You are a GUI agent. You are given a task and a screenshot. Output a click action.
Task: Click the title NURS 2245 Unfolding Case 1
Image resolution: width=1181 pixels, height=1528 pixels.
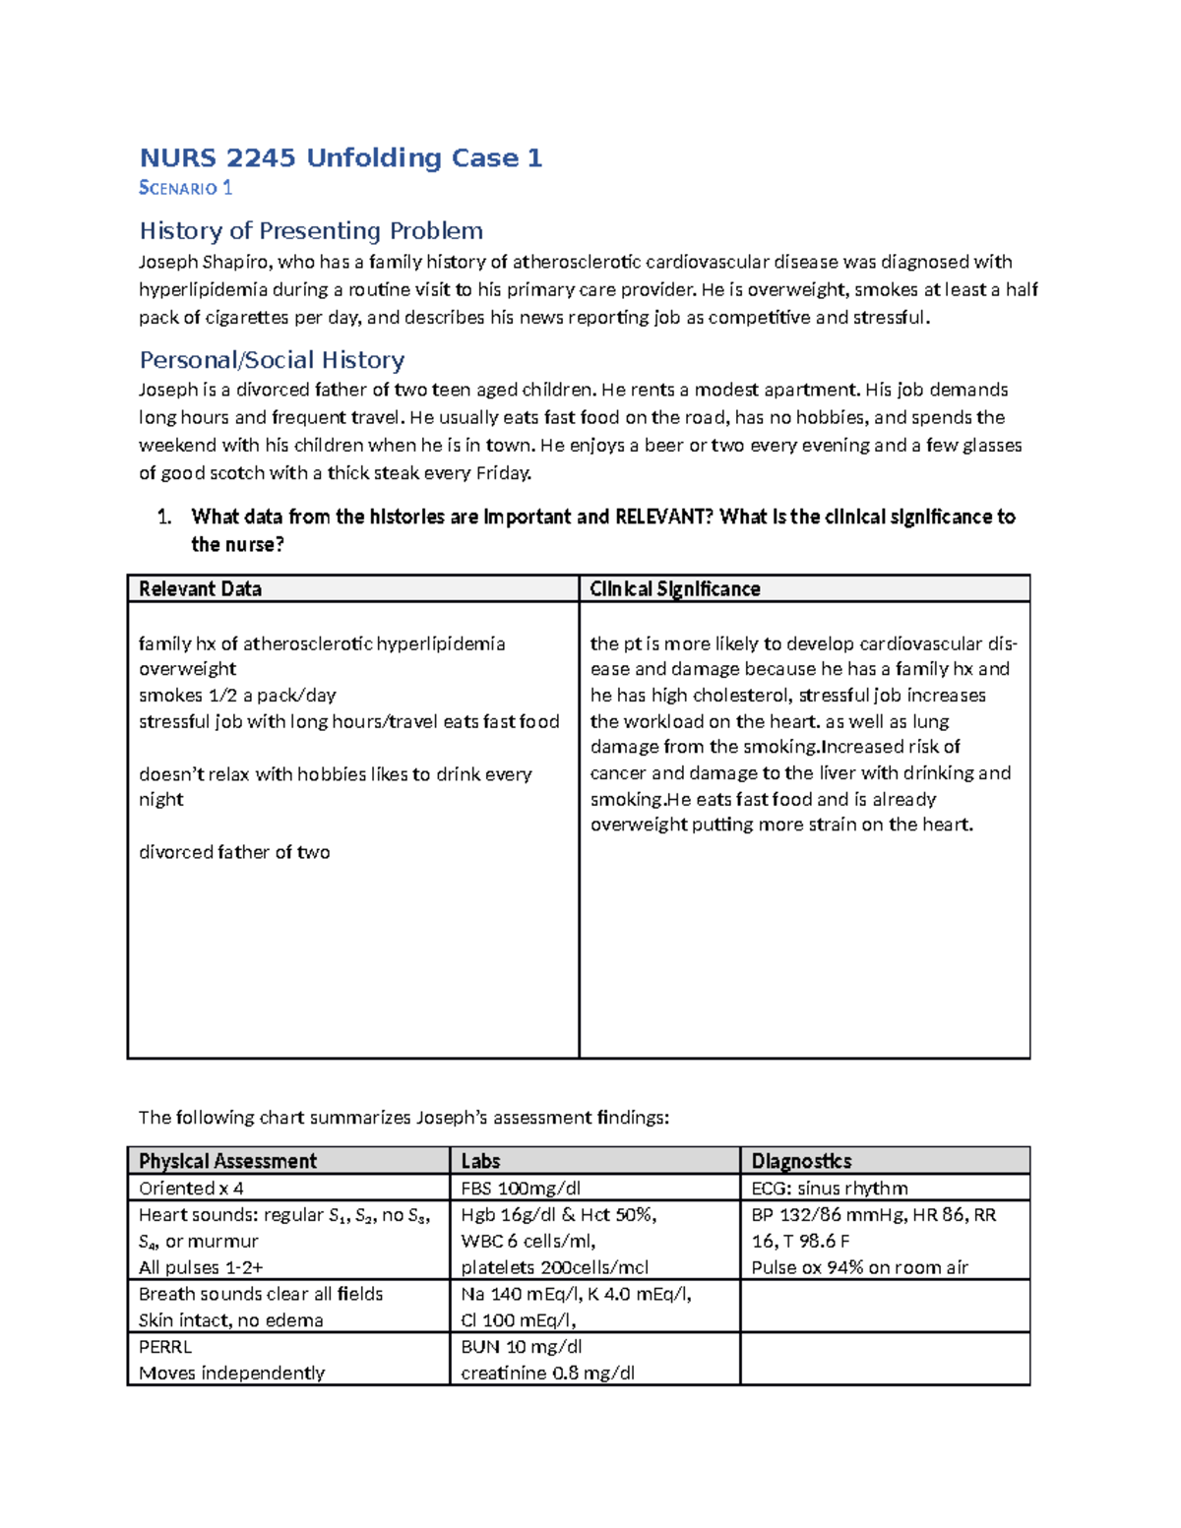341,157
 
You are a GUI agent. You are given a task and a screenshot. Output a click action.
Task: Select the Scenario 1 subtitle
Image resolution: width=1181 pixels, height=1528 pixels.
185,188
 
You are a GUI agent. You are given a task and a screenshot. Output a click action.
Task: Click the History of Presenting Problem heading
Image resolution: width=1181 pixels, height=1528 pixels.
311,230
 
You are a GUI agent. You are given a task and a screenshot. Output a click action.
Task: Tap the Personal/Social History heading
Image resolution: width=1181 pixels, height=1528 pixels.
272,359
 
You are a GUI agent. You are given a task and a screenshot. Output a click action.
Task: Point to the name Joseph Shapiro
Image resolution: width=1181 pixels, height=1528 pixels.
206,262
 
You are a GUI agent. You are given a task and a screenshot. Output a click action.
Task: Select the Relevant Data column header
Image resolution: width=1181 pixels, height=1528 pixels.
200,588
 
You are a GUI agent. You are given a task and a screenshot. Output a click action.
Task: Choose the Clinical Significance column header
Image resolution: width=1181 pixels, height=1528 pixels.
674,588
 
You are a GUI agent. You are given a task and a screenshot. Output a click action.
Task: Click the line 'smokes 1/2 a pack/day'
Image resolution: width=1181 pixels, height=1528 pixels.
237,695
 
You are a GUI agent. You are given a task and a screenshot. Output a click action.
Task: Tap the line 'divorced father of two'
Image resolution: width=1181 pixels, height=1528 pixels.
234,852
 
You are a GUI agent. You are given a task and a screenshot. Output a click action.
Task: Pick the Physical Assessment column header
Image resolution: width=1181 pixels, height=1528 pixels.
227,1161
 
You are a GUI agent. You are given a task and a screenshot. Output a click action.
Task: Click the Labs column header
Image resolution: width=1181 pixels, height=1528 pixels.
480,1161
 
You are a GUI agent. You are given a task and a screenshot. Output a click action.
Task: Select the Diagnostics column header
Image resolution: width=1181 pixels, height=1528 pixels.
801,1161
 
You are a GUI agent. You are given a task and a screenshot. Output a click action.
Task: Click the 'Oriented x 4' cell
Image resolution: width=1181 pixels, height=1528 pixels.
191,1188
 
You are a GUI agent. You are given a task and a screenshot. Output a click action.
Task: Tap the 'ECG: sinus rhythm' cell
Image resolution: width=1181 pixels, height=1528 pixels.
830,1188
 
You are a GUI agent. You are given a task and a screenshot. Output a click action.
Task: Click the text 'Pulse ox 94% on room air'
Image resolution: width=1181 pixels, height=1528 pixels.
859,1267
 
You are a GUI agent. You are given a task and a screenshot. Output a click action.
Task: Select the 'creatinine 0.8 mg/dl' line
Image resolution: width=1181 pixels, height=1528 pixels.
547,1373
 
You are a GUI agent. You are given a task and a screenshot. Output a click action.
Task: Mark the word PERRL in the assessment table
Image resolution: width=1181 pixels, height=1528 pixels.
165,1346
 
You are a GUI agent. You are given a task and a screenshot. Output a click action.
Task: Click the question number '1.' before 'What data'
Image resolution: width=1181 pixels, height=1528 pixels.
164,517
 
